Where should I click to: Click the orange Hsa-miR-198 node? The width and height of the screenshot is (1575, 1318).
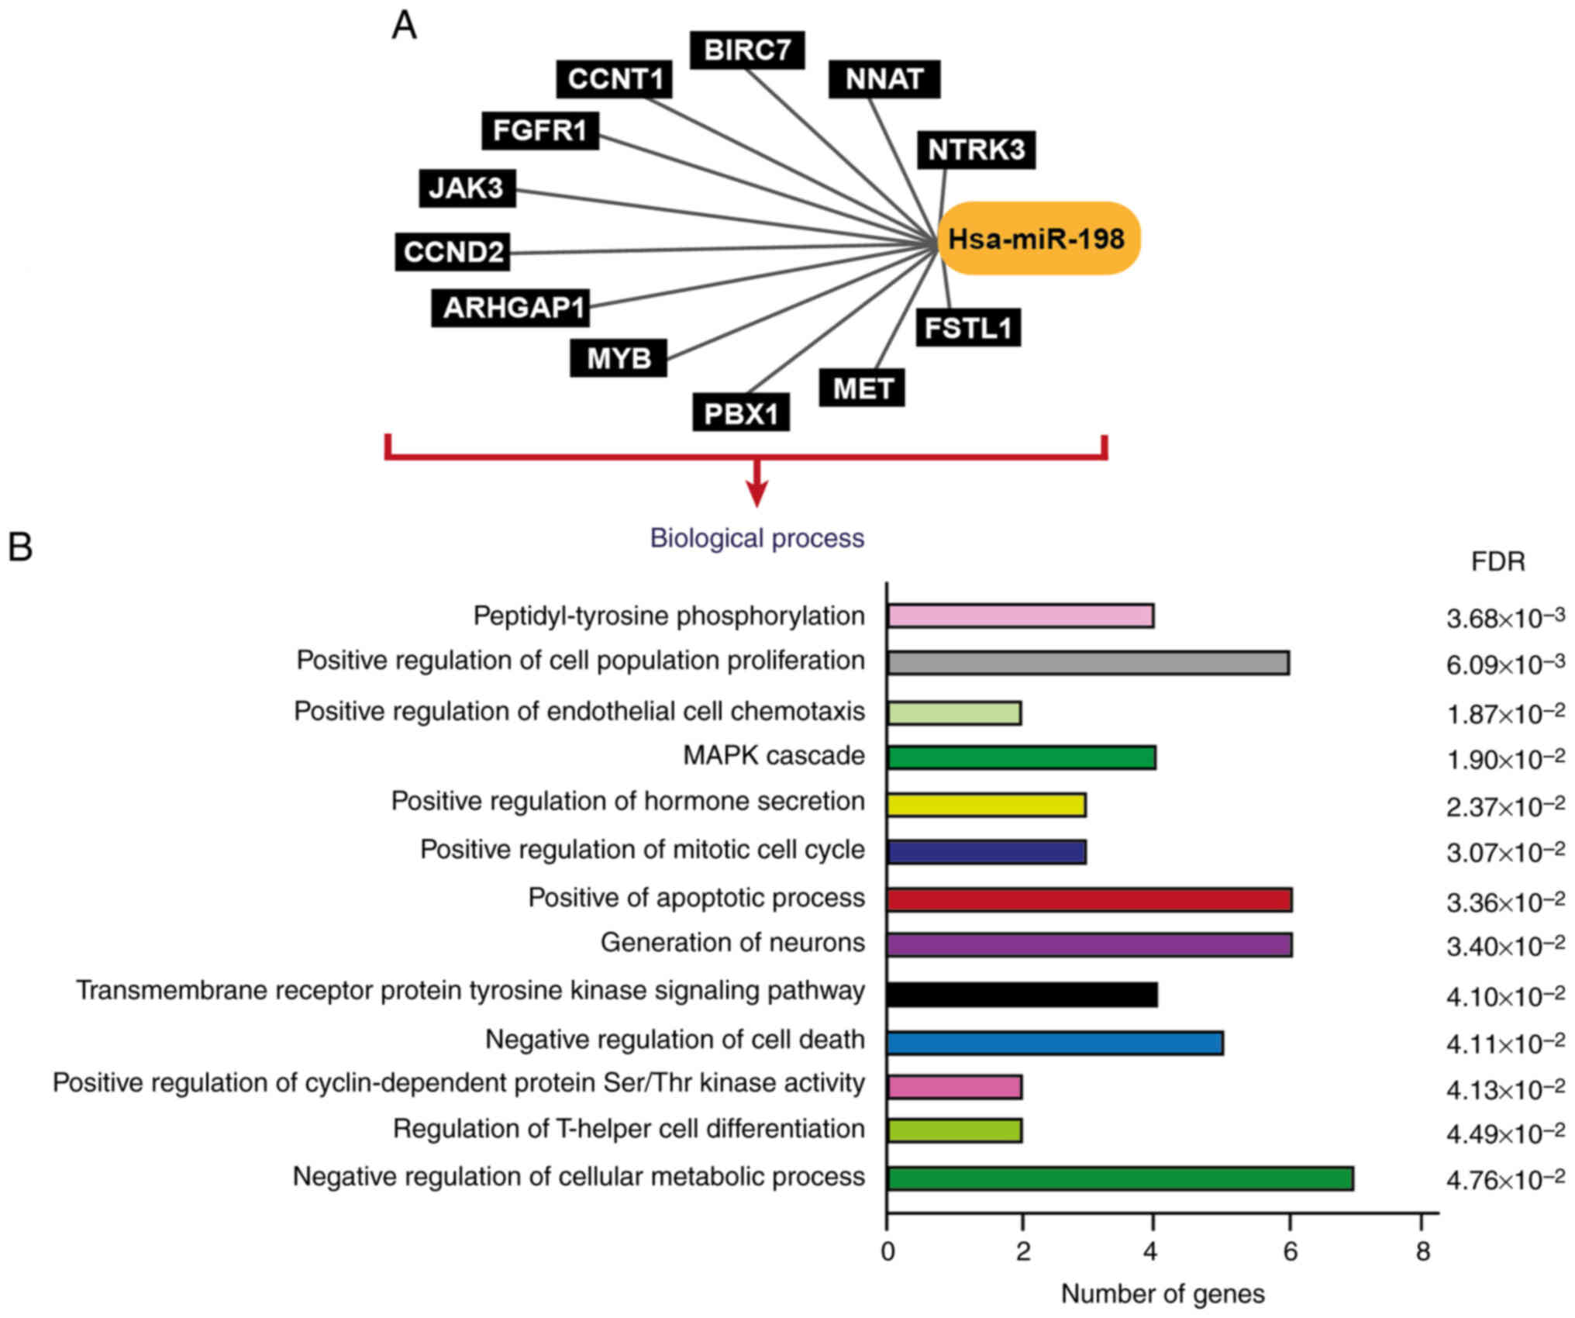pos(1038,239)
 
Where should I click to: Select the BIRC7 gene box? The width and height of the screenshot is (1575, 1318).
pos(747,50)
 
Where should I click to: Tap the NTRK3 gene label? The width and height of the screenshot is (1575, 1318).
pos(976,150)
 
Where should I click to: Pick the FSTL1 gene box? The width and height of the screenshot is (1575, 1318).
pos(968,328)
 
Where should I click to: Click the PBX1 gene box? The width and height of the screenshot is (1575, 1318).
pos(741,413)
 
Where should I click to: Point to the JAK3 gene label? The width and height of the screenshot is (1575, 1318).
pos(467,188)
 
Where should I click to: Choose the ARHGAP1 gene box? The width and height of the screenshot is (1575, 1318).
pos(511,308)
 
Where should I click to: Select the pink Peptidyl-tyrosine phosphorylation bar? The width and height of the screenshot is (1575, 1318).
pos(1020,616)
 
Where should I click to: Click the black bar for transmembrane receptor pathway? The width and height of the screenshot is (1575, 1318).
pos(1022,995)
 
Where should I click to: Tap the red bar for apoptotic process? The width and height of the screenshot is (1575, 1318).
pos(1088,900)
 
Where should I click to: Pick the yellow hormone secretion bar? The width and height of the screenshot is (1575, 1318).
pos(986,806)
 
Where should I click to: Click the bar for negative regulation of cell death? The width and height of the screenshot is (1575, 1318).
pos(1054,1044)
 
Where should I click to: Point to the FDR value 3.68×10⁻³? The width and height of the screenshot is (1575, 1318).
pos(1504,619)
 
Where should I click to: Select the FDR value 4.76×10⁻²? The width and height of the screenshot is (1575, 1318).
pos(1504,1180)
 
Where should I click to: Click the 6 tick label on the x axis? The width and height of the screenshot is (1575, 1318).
pos(1290,1252)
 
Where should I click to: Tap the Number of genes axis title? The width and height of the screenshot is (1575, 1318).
pos(1162,1294)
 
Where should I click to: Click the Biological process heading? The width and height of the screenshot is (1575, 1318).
pos(756,538)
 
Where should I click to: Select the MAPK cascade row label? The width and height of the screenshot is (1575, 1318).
pos(774,756)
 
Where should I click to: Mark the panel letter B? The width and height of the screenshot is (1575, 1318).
pos(20,547)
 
